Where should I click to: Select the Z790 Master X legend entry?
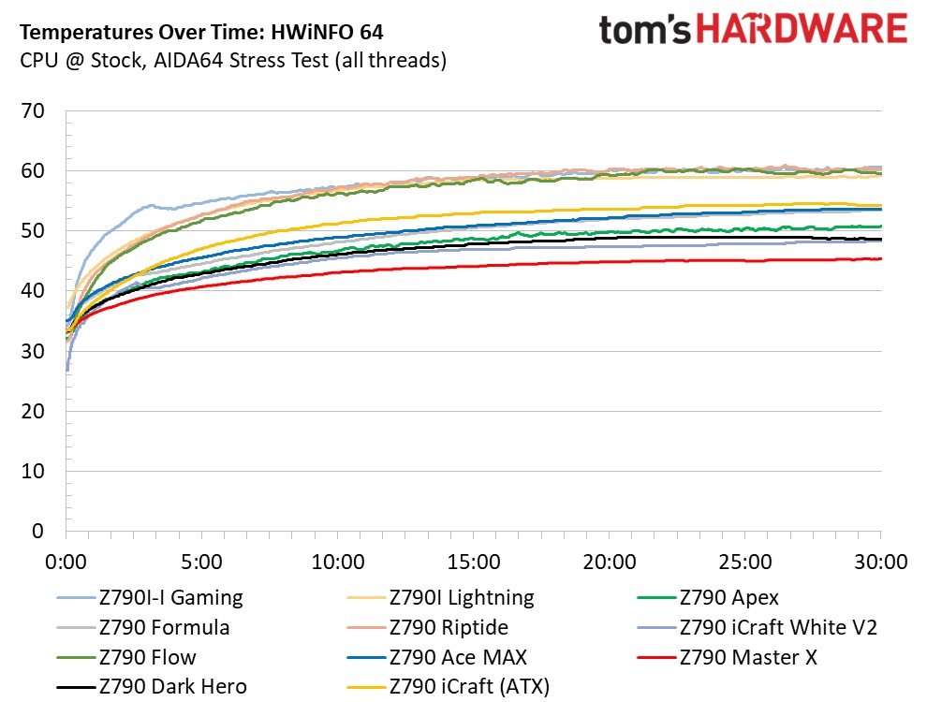(749, 657)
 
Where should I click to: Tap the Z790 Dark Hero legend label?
(172, 687)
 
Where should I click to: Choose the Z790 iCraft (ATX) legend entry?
(469, 687)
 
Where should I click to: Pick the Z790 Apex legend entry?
(728, 597)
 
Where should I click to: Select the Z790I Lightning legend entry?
(462, 597)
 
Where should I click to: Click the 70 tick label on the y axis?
(33, 111)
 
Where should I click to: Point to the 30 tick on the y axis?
(33, 352)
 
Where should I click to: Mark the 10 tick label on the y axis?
(33, 472)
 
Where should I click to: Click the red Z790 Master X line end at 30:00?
(878, 259)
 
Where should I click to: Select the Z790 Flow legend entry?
(148, 657)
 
